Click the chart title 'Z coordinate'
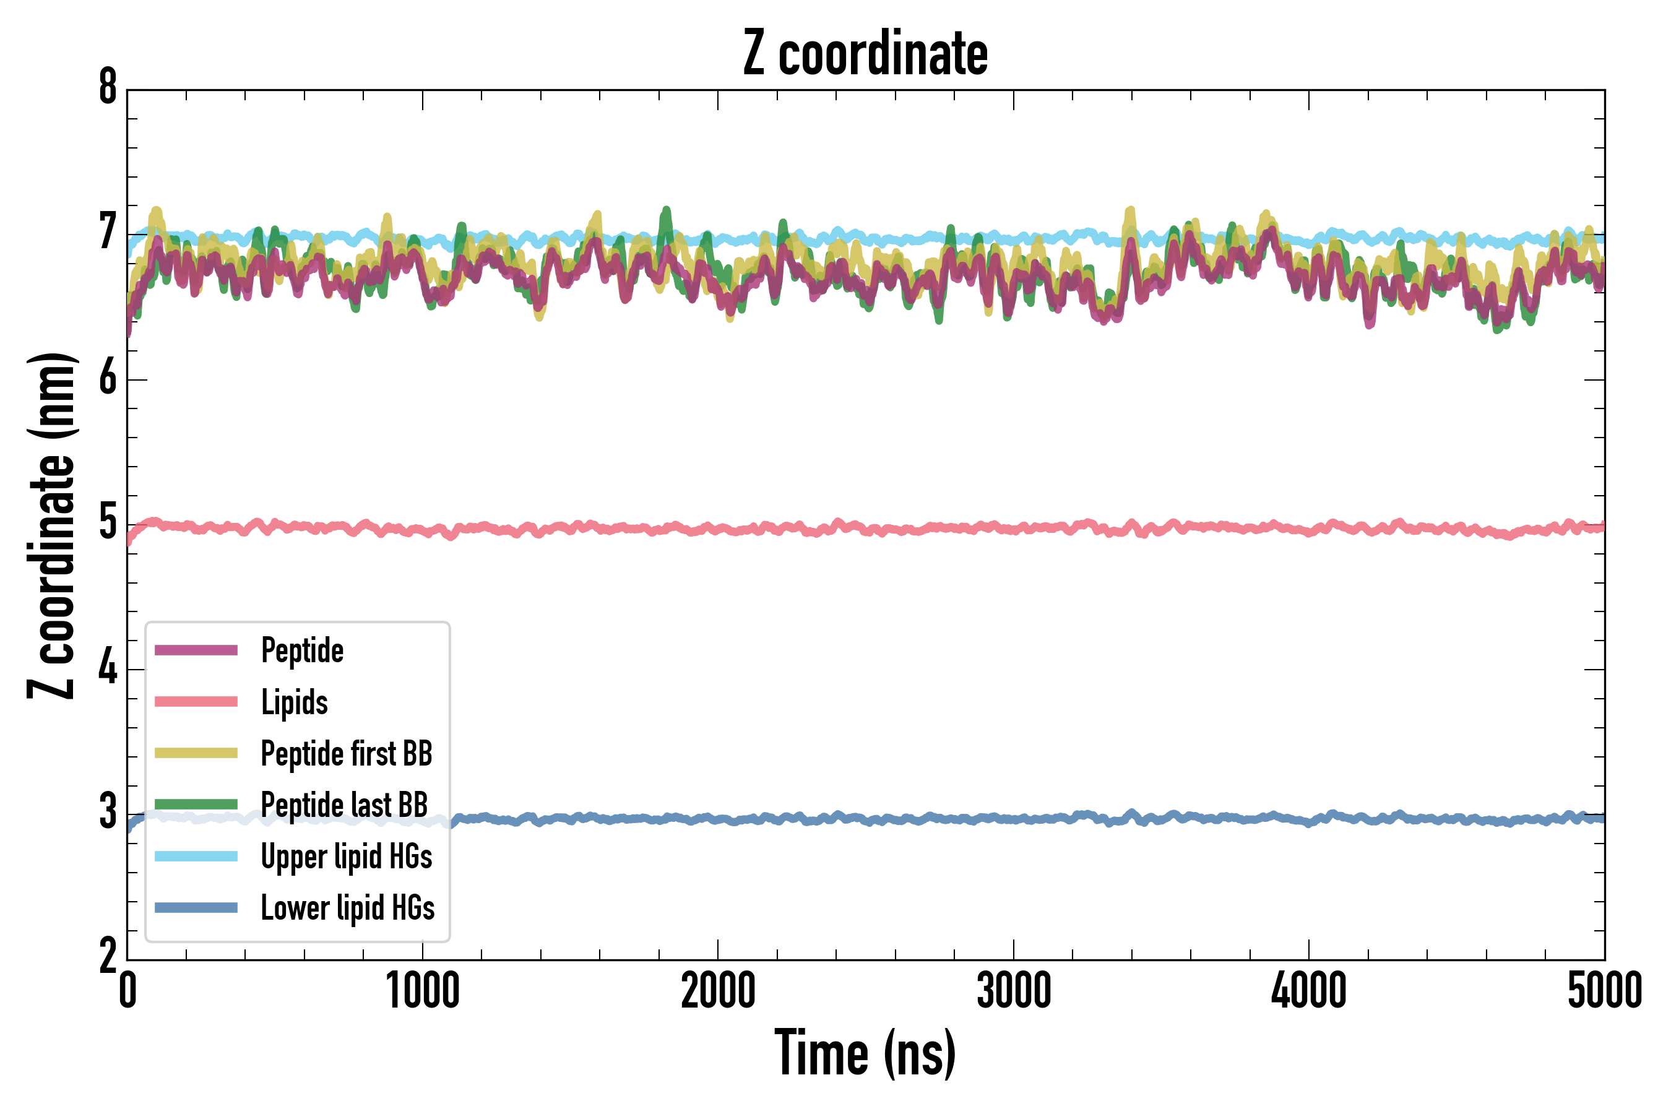pyautogui.click(x=865, y=53)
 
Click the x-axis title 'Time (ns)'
pyautogui.click(x=865, y=1053)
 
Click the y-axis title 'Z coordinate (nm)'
pyautogui.click(x=51, y=525)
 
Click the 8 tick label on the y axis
pyautogui.click(x=108, y=88)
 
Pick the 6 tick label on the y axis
pyautogui.click(x=108, y=378)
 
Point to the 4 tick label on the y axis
pyautogui.click(x=108, y=668)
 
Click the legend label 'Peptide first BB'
pyautogui.click(x=347, y=754)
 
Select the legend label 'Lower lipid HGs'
pyautogui.click(x=347, y=908)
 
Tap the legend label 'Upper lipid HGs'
pyautogui.click(x=347, y=856)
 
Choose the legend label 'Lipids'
pyautogui.click(x=295, y=702)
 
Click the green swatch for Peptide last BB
pyautogui.click(x=196, y=804)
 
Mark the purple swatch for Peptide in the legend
pyautogui.click(x=196, y=650)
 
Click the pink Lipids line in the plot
pyautogui.click(x=923, y=529)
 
